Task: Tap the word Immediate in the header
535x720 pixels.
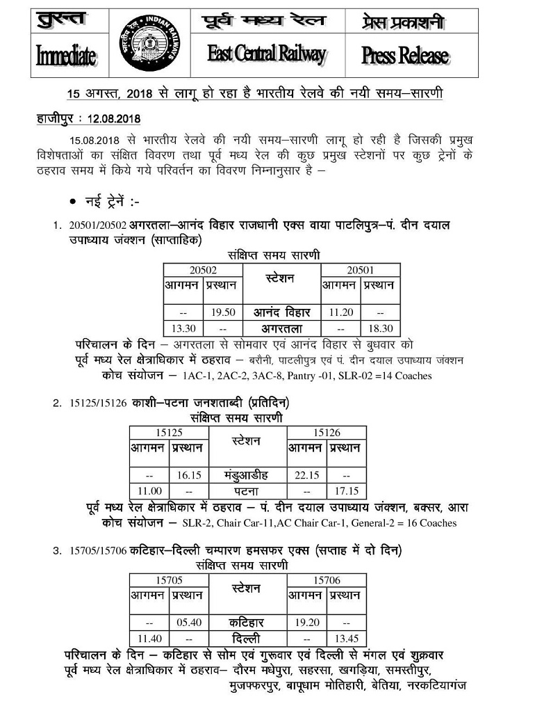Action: click(66, 56)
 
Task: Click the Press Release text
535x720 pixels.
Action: click(405, 56)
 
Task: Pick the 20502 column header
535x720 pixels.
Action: click(203, 270)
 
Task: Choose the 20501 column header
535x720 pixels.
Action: click(361, 270)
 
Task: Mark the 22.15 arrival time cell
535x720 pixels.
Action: click(306, 475)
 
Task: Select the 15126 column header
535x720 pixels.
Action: click(327, 433)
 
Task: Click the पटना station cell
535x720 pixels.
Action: click(247, 490)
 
